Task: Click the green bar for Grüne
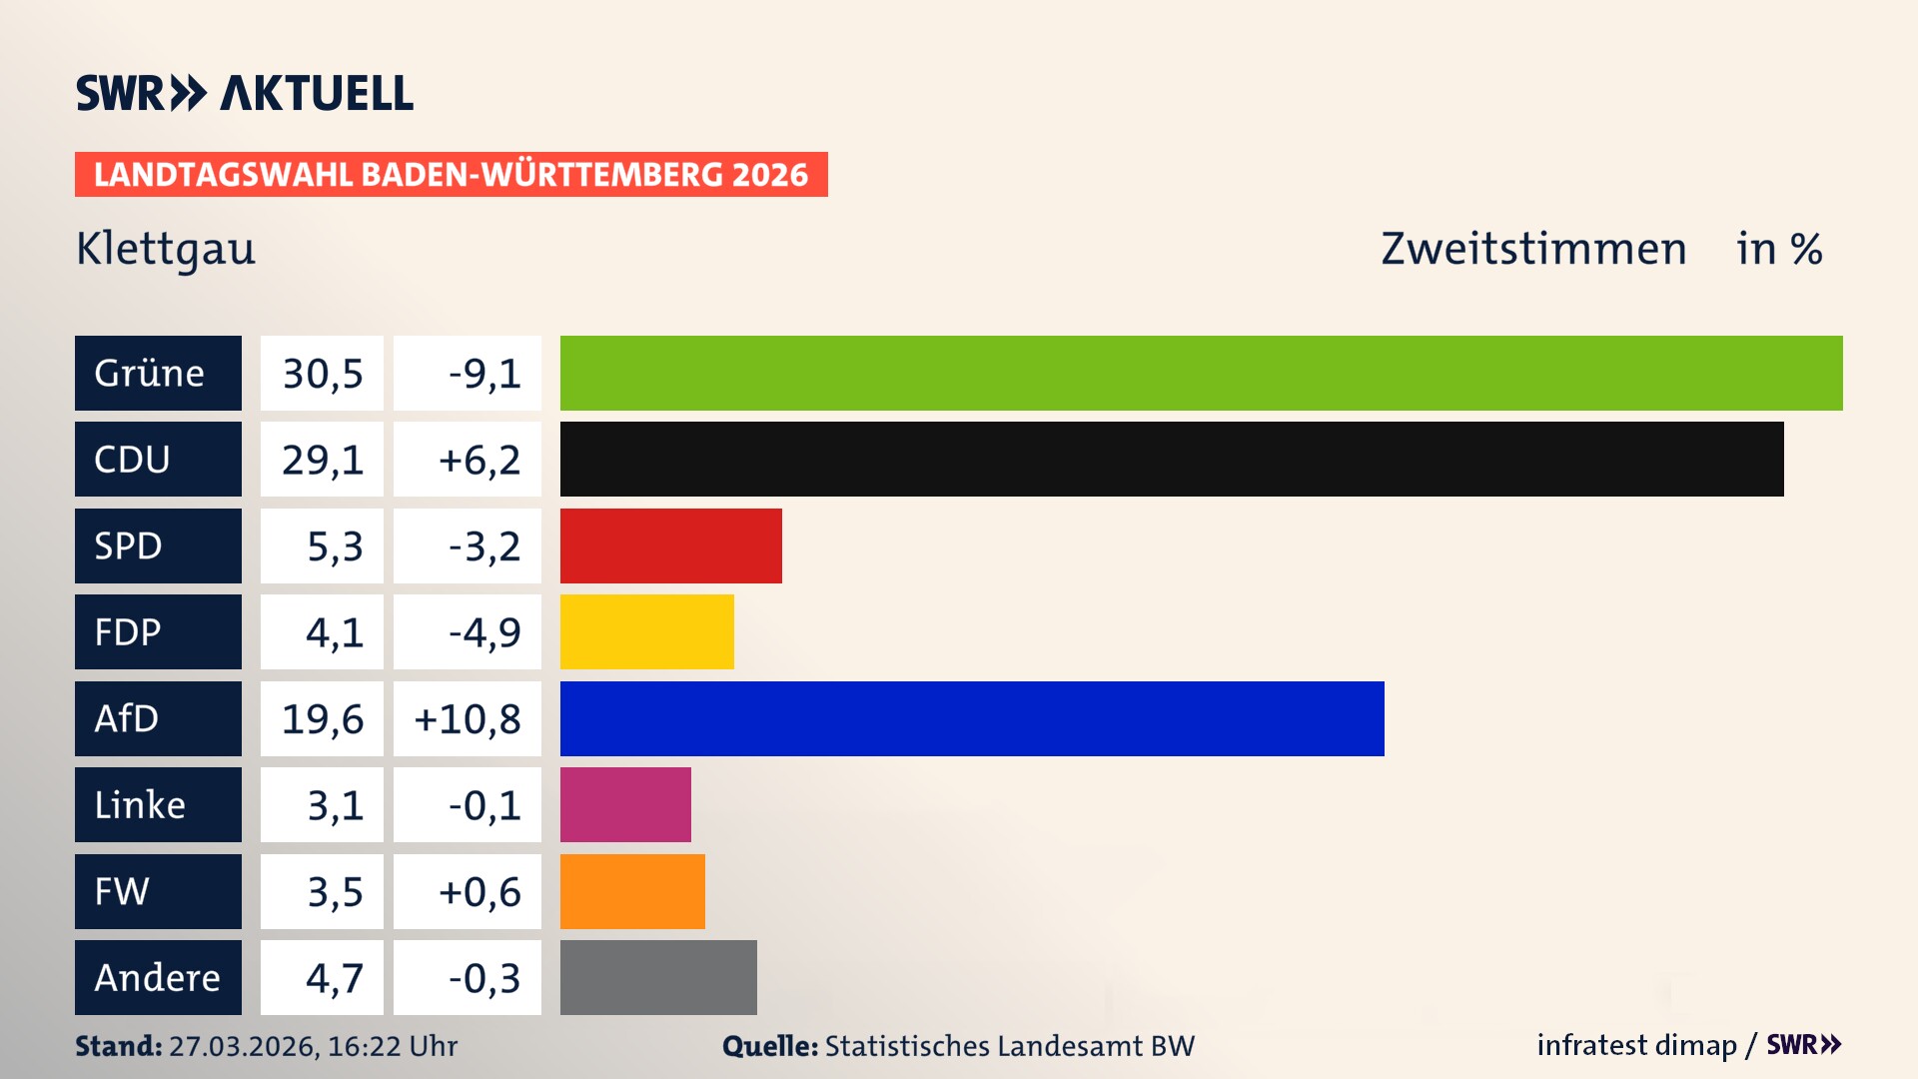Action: [1201, 373]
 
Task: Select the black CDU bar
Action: [1171, 459]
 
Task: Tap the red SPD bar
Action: [670, 545]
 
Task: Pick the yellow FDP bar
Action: [646, 631]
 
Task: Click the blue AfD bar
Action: [971, 718]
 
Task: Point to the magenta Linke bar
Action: [625, 804]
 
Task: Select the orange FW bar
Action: [632, 891]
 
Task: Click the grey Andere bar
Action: [658, 977]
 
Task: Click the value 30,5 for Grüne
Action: [322, 374]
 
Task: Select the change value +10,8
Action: [468, 719]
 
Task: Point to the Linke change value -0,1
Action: [483, 805]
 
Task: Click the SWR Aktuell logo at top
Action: [245, 93]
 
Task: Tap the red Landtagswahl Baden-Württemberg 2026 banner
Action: [451, 174]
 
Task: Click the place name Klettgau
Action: [166, 249]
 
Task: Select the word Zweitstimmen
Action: [1533, 249]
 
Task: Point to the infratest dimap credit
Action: [1636, 1045]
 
